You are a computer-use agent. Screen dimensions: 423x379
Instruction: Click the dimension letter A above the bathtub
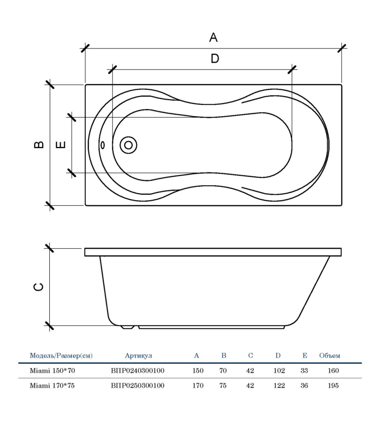(x=213, y=37)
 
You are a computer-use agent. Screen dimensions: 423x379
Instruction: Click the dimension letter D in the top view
(x=214, y=59)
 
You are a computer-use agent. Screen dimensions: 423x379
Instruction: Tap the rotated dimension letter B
(x=40, y=145)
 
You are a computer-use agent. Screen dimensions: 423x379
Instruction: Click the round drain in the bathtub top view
(x=128, y=145)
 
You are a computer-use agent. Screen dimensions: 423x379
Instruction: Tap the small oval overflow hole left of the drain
(x=103, y=145)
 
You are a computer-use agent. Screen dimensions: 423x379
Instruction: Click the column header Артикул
(x=138, y=356)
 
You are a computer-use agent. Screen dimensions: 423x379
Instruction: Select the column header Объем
(x=329, y=356)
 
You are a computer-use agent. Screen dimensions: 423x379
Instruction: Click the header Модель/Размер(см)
(x=61, y=356)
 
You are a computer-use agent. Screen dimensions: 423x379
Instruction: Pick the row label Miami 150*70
(x=52, y=371)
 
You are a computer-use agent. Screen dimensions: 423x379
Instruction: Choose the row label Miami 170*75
(x=52, y=386)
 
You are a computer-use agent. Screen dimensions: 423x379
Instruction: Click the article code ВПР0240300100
(x=137, y=371)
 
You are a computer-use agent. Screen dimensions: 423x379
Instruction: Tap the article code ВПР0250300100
(x=137, y=386)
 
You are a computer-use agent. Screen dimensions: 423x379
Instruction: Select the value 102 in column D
(x=279, y=371)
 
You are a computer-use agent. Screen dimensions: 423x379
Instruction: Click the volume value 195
(x=334, y=386)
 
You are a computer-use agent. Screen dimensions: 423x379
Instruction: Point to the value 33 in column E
(x=304, y=371)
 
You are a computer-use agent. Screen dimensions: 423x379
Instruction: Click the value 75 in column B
(x=223, y=386)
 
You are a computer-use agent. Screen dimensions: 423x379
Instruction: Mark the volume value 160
(x=334, y=371)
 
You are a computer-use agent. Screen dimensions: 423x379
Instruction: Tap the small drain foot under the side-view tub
(x=127, y=326)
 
